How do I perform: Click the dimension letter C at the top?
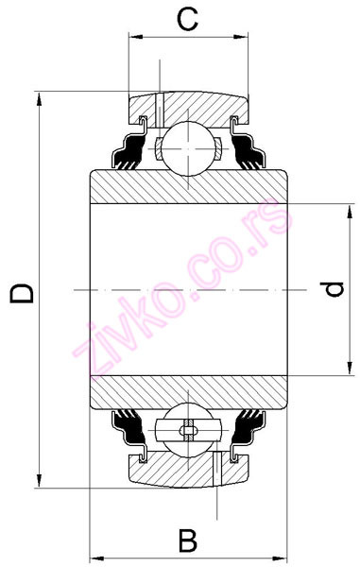[188, 18]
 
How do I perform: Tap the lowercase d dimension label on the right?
[334, 289]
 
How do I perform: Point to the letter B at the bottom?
[188, 541]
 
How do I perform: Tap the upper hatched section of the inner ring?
[189, 186]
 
